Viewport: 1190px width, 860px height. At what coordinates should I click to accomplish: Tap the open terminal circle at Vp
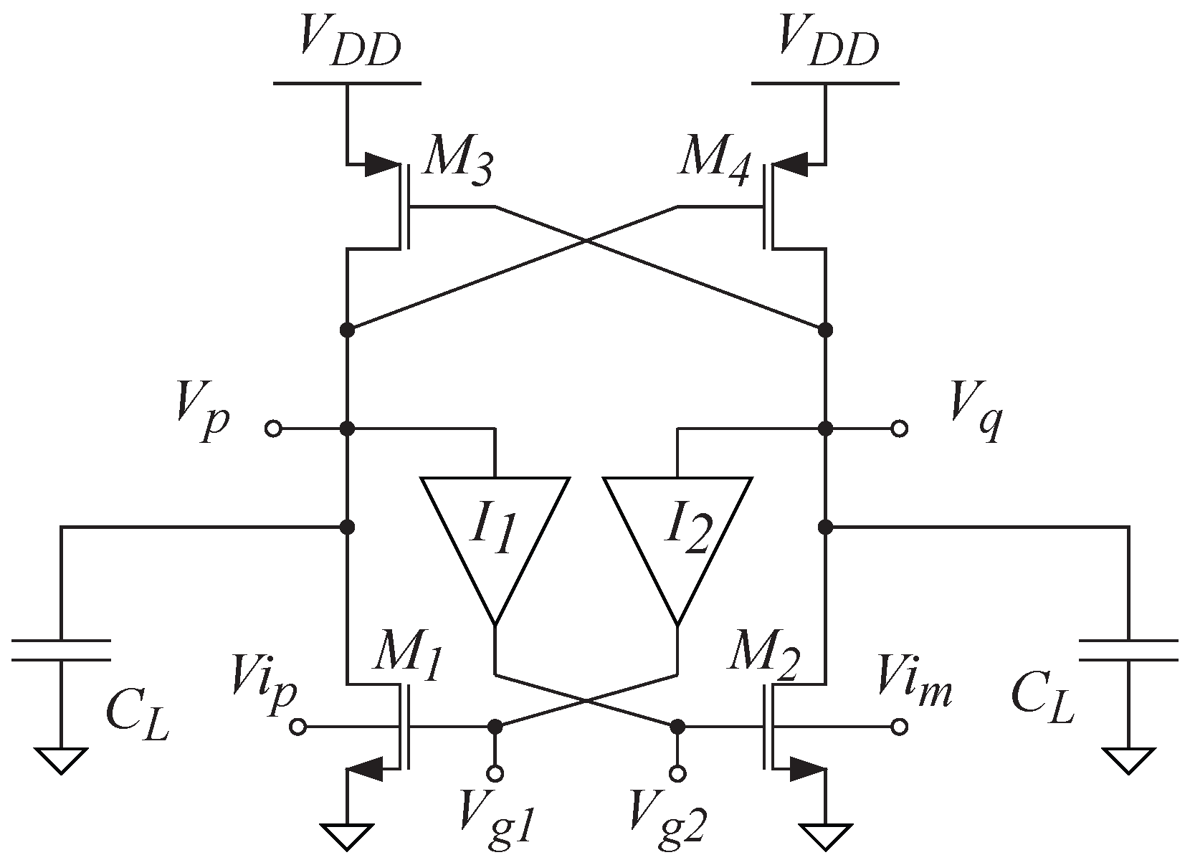point(273,429)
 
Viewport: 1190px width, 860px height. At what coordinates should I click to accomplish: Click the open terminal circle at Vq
point(899,429)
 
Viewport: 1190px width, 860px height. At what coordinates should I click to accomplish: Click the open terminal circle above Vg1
point(495,773)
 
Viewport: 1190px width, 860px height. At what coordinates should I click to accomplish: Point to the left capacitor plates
point(61,649)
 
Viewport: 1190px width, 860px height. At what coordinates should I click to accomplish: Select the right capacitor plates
point(1128,649)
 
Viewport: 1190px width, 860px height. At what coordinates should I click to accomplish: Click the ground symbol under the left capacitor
point(61,760)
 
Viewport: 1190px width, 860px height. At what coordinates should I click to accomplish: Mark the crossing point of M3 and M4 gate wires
point(586,241)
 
